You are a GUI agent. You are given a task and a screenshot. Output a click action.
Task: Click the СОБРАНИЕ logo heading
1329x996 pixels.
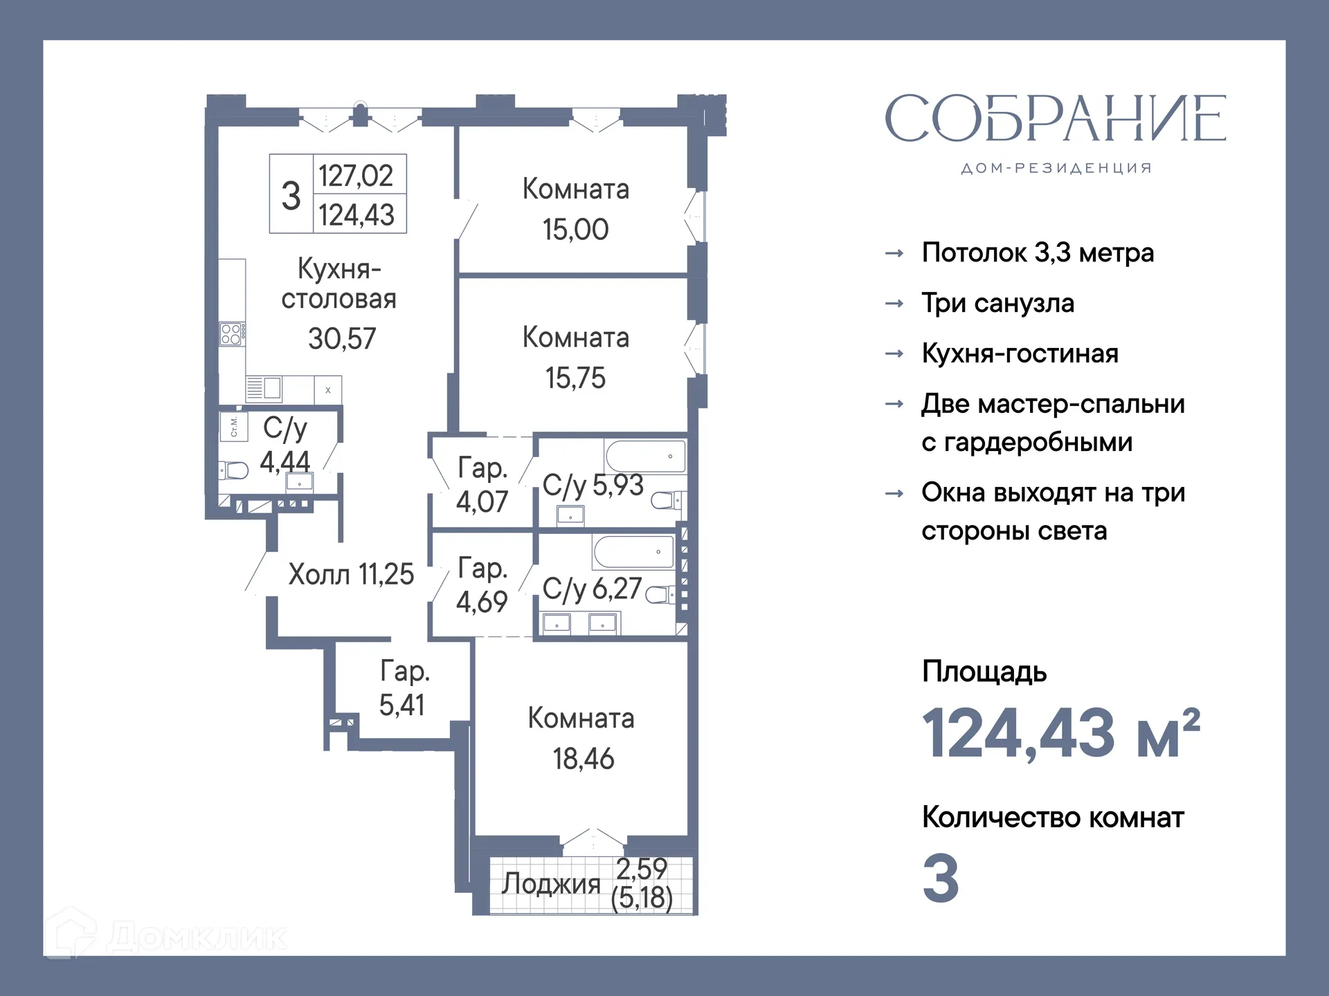pyautogui.click(x=1055, y=119)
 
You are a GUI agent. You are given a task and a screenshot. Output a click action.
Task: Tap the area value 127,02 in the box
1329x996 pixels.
pyautogui.click(x=356, y=176)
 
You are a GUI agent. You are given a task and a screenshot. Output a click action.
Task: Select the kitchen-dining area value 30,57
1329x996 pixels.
pyautogui.click(x=342, y=339)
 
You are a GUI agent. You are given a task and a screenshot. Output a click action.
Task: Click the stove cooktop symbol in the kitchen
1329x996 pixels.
pyautogui.click(x=231, y=334)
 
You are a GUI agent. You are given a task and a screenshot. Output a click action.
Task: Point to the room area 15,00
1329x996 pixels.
pyautogui.click(x=575, y=230)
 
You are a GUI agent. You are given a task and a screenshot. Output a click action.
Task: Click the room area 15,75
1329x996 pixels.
pyautogui.click(x=575, y=378)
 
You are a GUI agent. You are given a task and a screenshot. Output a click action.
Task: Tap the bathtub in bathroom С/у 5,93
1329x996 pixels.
pyautogui.click(x=645, y=456)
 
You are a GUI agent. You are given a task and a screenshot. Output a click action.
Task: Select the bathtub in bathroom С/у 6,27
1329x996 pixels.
pyautogui.click(x=633, y=552)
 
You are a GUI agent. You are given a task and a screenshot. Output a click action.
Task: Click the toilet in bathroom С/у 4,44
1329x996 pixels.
pyautogui.click(x=235, y=470)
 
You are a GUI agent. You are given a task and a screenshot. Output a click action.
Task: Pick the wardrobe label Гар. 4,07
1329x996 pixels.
pyautogui.click(x=482, y=484)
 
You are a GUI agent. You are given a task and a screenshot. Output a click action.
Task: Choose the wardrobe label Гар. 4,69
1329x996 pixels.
pyautogui.click(x=482, y=584)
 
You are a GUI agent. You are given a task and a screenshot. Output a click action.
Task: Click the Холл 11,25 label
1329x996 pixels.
pyautogui.click(x=350, y=575)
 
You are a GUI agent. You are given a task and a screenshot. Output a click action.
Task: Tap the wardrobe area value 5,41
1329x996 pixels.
pyautogui.click(x=401, y=705)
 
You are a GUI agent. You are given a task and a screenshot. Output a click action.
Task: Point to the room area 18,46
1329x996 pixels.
pyautogui.click(x=583, y=759)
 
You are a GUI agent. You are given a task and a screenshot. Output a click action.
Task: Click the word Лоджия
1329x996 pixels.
pyautogui.click(x=551, y=884)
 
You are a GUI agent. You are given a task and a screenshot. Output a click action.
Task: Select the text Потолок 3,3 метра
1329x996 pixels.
pyautogui.click(x=1037, y=253)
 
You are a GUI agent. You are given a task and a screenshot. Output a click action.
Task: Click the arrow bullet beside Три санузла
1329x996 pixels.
pyautogui.click(x=894, y=304)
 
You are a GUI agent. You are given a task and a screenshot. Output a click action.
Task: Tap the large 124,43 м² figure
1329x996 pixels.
pyautogui.click(x=1060, y=733)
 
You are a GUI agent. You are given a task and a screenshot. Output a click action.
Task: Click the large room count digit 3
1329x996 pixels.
pyautogui.click(x=941, y=878)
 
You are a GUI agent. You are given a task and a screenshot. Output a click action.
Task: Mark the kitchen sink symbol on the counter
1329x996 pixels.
pyautogui.click(x=271, y=388)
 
